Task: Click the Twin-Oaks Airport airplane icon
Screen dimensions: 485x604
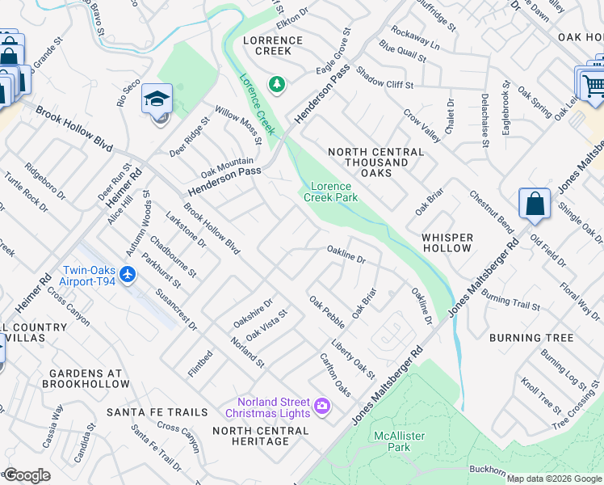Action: [127, 275]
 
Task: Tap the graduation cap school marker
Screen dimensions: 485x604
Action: [157, 99]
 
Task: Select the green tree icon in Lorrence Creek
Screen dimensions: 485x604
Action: [277, 84]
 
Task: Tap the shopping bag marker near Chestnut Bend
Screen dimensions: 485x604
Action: [535, 205]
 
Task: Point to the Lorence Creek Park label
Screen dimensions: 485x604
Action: [330, 192]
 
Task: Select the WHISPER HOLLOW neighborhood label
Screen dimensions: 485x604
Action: [447, 242]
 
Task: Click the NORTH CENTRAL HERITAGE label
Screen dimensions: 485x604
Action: [260, 436]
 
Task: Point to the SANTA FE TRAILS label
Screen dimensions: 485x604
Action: [157, 412]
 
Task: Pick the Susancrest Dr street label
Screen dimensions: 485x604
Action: [176, 309]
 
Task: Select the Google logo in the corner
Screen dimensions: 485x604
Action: [27, 475]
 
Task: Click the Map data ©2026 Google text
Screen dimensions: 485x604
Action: [554, 479]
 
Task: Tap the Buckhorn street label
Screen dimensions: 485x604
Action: [488, 468]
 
